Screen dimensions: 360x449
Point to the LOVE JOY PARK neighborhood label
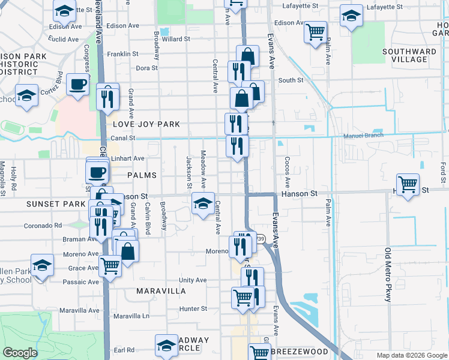(x=146, y=124)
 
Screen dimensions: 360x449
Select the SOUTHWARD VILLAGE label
(x=409, y=56)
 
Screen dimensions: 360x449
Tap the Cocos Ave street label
(x=288, y=172)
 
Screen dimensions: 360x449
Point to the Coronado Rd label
(x=43, y=226)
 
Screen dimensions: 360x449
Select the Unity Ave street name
(x=192, y=280)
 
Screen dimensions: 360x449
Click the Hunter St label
(x=193, y=309)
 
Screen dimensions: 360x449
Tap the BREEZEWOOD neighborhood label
(x=300, y=352)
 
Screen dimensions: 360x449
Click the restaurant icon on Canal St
(x=237, y=146)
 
